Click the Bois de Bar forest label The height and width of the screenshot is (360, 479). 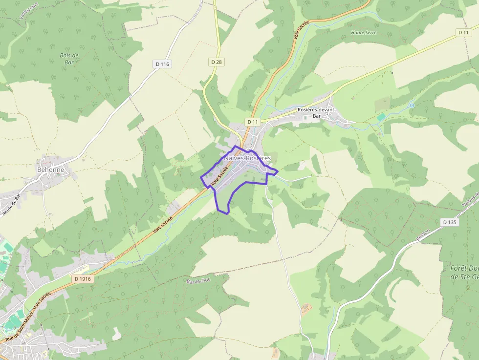coord(69,59)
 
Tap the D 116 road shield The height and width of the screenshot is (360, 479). coord(162,64)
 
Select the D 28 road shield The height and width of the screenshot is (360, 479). coord(217,62)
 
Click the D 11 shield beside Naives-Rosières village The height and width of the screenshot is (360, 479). coord(252,122)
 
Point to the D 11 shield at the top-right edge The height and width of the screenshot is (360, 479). coord(463,32)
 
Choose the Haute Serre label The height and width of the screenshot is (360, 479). coord(364,33)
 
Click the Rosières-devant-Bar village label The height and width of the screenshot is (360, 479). coord(316,113)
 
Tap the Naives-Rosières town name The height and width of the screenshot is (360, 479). coord(247,158)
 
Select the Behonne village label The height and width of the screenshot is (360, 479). coord(50,170)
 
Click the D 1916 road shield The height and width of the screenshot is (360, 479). coord(83,278)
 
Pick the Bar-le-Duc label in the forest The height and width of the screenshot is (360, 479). coord(198,281)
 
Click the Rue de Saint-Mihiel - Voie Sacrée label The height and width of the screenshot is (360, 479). coord(27,318)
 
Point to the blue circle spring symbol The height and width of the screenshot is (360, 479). coord(412,105)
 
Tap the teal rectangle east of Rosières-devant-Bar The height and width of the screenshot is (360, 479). coord(381,118)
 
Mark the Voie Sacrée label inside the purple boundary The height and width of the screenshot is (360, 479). coord(220,177)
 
